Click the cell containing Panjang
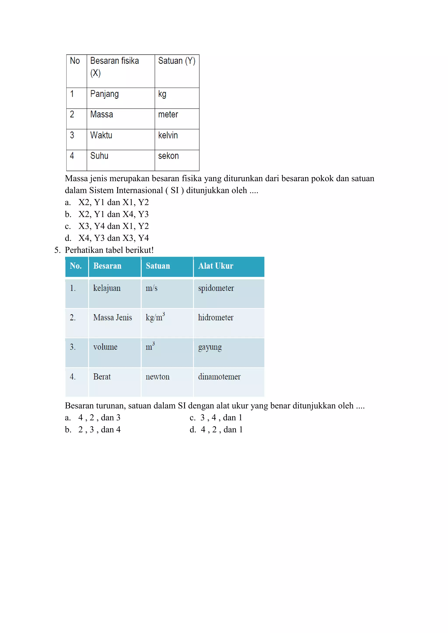(104, 94)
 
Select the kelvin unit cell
(168, 135)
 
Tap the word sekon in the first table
(168, 156)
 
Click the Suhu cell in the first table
(99, 156)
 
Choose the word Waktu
(101, 135)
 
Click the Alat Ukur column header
(216, 266)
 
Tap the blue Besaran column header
(107, 266)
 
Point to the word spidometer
(216, 288)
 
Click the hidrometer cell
(216, 318)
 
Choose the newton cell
(157, 377)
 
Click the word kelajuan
(107, 288)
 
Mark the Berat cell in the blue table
(102, 377)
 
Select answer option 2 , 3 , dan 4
(99, 430)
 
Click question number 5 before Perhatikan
(57, 250)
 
